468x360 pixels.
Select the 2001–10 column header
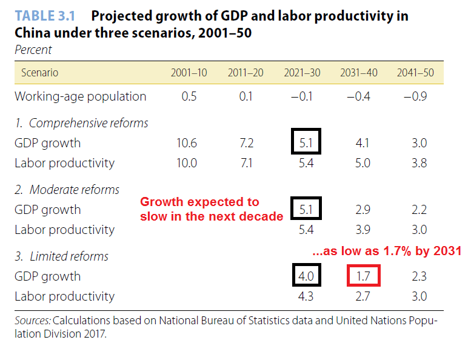click(x=189, y=73)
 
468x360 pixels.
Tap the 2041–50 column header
click(x=416, y=73)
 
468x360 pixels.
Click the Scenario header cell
click(x=40, y=73)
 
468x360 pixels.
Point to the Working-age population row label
click(x=80, y=96)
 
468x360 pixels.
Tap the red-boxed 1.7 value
click(x=363, y=276)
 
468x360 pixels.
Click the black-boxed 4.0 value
click(x=306, y=276)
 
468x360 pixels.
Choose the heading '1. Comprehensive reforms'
click(x=81, y=124)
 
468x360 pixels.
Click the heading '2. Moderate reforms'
click(x=67, y=190)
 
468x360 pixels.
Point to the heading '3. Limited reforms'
click(x=61, y=256)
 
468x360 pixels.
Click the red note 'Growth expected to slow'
click(x=199, y=202)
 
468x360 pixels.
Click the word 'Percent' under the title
click(x=33, y=50)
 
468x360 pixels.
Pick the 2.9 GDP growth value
click(x=363, y=210)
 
